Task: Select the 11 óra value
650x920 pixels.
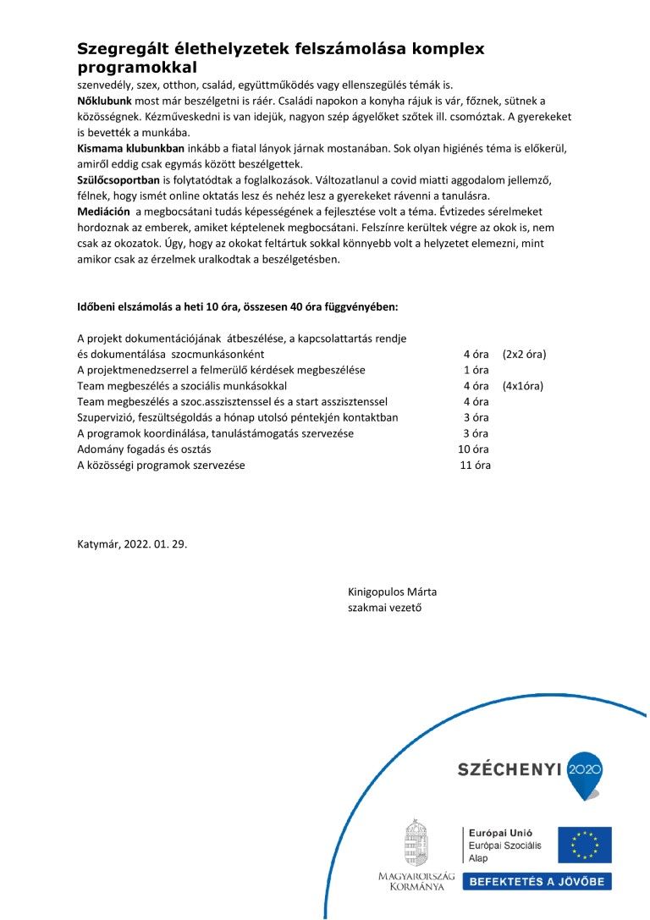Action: [x=474, y=465]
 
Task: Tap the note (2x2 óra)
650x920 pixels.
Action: [x=524, y=354]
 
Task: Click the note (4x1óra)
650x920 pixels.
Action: [x=522, y=386]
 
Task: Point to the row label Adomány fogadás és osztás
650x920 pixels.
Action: [x=144, y=449]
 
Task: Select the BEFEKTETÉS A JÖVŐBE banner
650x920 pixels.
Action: [x=537, y=882]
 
